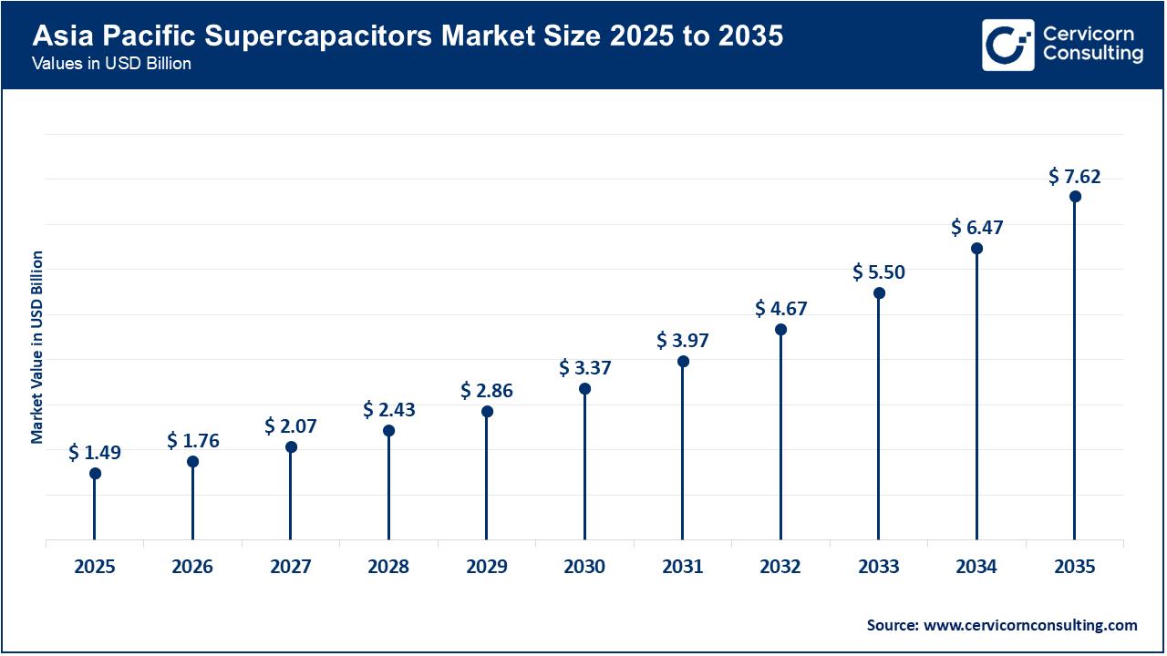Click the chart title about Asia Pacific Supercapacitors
point(408,36)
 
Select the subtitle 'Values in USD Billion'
point(111,65)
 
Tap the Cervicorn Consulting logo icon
point(1007,45)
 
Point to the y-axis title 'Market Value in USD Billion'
point(37,346)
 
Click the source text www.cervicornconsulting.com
point(1002,625)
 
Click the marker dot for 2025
point(95,473)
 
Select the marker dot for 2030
point(584,389)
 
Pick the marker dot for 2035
point(1075,197)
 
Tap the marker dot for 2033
point(879,292)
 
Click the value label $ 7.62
point(1075,176)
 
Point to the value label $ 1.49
point(95,452)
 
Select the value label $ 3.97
point(683,341)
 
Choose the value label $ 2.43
point(388,410)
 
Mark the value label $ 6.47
point(976,227)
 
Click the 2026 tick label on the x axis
point(192,567)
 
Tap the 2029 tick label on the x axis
point(487,567)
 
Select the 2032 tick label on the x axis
point(780,567)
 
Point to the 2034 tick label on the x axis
point(976,567)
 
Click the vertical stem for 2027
point(291,497)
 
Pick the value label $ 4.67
point(780,309)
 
